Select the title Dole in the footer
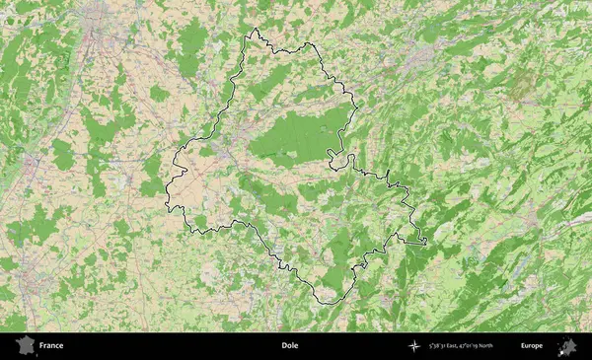tap(289, 346)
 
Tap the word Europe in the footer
tap(532, 346)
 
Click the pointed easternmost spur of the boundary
tap(425, 242)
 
